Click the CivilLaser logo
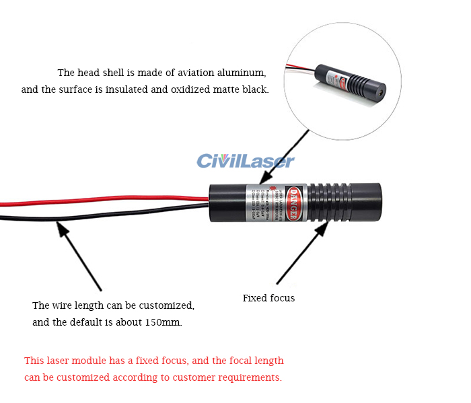[246, 161]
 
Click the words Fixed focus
[268, 297]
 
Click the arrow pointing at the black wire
[79, 256]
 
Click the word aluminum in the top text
[242, 73]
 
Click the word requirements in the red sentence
[251, 377]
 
